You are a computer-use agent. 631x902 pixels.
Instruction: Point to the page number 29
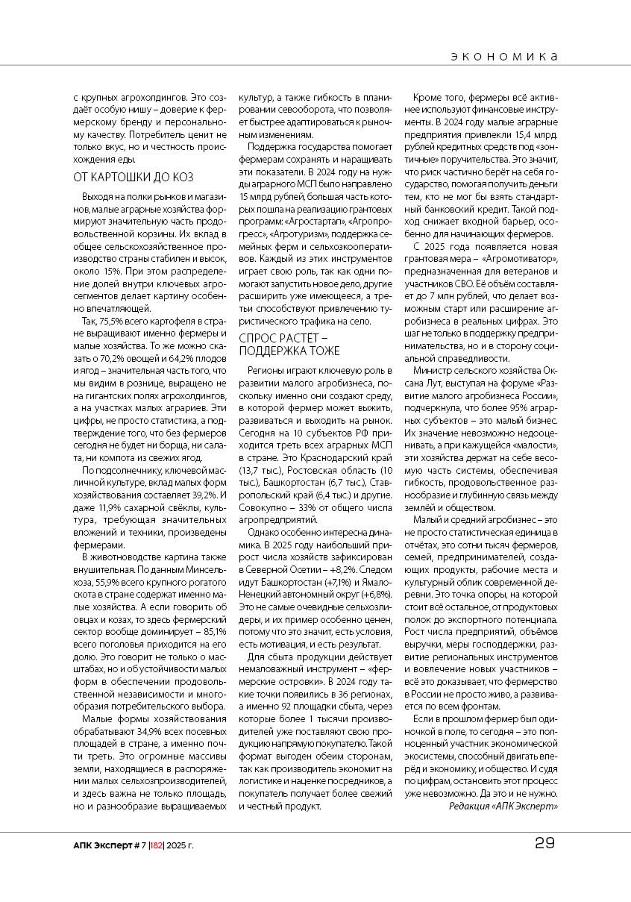coord(544,844)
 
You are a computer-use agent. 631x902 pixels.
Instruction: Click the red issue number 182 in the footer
coord(157,845)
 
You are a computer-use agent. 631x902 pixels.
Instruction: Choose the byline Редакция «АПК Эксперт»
coord(503,806)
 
